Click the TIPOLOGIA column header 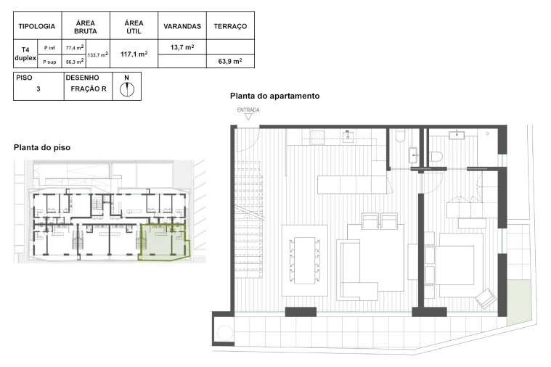[37, 26]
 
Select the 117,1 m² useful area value [134, 54]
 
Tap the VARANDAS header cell [182, 26]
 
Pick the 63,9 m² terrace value [230, 61]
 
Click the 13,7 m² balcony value [182, 47]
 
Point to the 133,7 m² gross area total [97, 54]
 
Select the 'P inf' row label [49, 47]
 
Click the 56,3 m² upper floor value [74, 62]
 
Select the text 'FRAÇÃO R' [89, 89]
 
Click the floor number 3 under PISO [38, 89]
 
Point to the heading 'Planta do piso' [42, 147]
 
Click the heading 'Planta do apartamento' [274, 96]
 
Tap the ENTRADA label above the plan [248, 110]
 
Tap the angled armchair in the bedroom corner [484, 297]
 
